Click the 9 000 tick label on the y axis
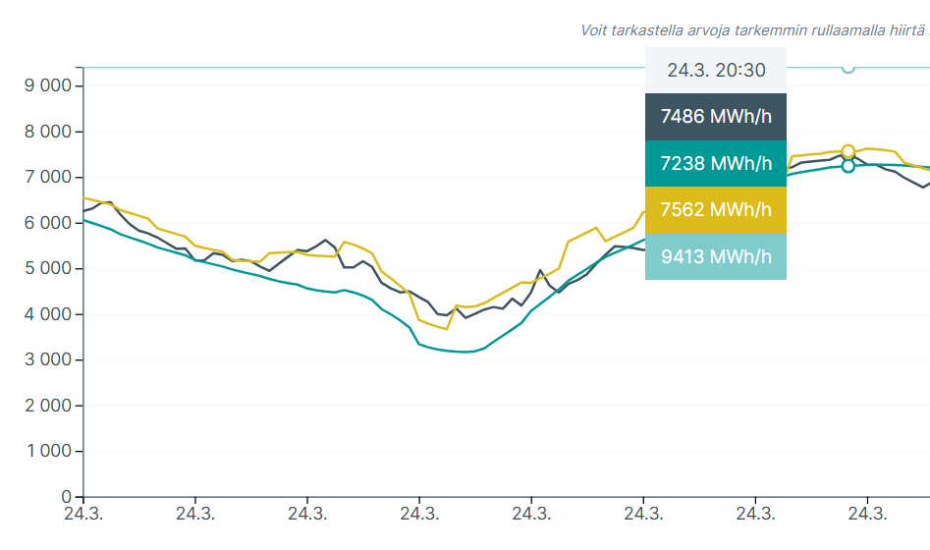47,85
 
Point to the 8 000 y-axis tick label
47,132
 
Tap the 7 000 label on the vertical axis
47,177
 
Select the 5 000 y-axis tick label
47,268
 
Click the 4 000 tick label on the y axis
47,314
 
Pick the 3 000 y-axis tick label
47,359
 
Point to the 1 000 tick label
47,451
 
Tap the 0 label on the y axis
67,497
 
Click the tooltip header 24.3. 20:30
716,70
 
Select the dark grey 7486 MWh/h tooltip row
716,117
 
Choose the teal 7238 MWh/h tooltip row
716,163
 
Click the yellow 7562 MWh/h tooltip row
716,210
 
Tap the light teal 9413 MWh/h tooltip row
716,257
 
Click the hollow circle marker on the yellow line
848,151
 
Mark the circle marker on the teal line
848,166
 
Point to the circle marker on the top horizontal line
848,67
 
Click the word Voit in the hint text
595,30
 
